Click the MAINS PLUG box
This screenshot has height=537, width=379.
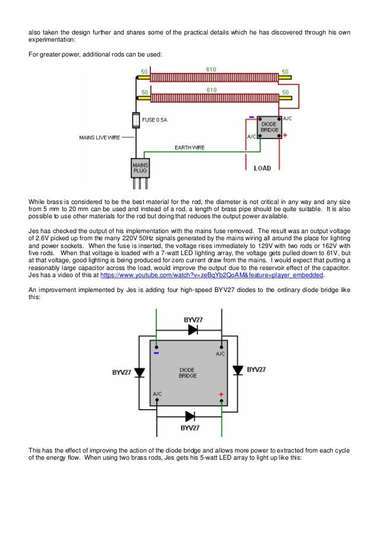[140, 168]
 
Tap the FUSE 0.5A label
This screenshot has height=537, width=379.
[154, 120]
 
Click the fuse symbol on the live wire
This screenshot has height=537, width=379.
[136, 120]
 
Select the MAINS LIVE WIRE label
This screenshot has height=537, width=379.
[100, 137]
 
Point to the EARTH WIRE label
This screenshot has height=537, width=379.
[190, 147]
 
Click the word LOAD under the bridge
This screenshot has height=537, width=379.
[263, 168]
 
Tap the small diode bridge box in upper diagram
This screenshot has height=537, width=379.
[269, 127]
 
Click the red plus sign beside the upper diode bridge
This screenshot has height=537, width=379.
[285, 135]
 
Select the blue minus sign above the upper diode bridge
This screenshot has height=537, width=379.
[251, 118]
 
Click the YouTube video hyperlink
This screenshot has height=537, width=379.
[211, 275]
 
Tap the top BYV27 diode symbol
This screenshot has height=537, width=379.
[193, 330]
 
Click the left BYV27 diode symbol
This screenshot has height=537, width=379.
[139, 373]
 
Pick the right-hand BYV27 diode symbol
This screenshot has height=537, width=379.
[238, 370]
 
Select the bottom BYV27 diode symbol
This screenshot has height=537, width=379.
[190, 416]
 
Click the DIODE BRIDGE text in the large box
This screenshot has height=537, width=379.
[188, 373]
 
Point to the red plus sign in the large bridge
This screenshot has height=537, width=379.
[221, 394]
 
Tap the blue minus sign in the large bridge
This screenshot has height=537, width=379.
[156, 353]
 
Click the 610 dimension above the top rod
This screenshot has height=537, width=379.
[211, 70]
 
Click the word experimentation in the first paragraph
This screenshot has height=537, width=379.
[51, 40]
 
